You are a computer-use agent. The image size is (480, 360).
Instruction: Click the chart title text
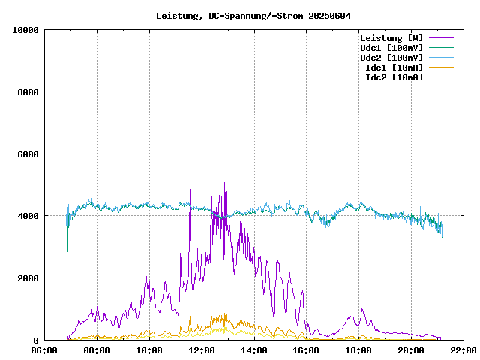tap(253, 15)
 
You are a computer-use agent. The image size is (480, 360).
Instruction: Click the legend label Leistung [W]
tap(391, 38)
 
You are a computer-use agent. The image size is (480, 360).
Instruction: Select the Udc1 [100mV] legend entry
tap(391, 48)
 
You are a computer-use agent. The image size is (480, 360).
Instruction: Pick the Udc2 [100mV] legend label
tap(391, 58)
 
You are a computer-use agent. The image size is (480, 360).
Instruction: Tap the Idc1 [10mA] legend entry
tap(394, 67)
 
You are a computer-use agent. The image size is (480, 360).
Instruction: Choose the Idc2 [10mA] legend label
tap(394, 77)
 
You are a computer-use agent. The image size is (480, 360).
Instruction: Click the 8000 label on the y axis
tap(28, 92)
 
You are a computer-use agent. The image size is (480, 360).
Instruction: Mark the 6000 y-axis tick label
tap(28, 154)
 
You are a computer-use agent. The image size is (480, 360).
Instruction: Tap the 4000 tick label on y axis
tap(28, 216)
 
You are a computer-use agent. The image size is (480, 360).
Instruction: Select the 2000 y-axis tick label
tap(28, 278)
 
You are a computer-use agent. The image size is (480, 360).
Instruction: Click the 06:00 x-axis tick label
tap(45, 350)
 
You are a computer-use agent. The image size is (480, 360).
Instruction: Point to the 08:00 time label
tap(97, 350)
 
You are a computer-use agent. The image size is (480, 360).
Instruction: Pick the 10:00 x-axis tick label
tap(149, 350)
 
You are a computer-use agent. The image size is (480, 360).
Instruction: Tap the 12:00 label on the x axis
tap(202, 350)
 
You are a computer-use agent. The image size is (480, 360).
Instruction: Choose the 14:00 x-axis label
tap(254, 350)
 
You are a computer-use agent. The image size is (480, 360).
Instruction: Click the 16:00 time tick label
tap(306, 350)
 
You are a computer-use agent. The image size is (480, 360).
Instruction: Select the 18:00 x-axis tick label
tap(358, 350)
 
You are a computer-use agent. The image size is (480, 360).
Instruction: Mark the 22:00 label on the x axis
tap(463, 350)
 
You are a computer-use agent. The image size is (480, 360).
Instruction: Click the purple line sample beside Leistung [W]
tap(441, 38)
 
